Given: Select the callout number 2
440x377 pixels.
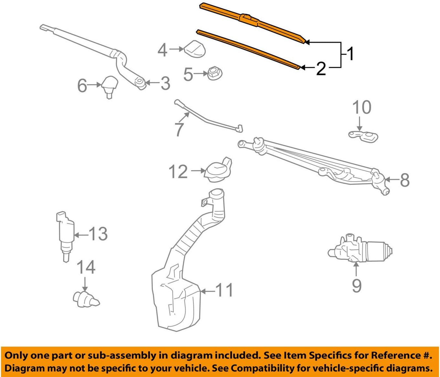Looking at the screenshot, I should click(321, 68).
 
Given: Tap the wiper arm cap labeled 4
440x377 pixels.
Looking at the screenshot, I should click(195, 49).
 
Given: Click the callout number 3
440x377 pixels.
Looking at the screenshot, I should click(165, 83).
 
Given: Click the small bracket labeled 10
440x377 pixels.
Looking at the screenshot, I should click(364, 136).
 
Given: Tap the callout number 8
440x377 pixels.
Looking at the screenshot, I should click(404, 180).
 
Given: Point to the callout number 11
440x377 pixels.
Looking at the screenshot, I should click(224, 290).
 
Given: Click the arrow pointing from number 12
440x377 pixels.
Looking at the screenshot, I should click(198, 171).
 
